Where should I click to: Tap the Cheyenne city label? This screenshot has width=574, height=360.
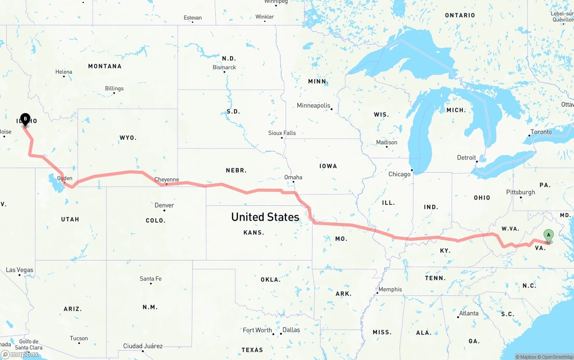tap(167, 180)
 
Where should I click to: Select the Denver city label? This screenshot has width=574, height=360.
tap(164, 205)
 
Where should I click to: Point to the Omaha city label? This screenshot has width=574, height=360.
tap(293, 177)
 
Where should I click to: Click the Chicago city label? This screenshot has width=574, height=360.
tap(400, 174)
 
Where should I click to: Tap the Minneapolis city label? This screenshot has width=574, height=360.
tap(313, 105)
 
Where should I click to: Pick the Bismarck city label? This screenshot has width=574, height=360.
tap(224, 67)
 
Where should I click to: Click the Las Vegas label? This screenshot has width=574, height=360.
tap(19, 270)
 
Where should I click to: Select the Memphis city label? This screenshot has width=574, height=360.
tap(390, 289)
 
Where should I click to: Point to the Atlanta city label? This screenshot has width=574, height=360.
tap(469, 313)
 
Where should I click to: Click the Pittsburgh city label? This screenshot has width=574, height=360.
tap(521, 192)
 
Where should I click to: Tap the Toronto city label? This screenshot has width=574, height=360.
tap(541, 132)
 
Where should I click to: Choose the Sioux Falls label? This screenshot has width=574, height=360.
tap(282, 133)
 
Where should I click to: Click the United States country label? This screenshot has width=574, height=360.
tap(265, 217)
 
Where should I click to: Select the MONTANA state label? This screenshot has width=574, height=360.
tap(104, 66)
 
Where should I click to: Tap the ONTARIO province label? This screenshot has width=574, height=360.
tap(460, 15)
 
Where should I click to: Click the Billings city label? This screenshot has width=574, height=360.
tap(114, 88)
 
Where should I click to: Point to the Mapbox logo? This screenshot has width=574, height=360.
tap(20, 355)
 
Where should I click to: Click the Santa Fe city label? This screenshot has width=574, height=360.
tap(151, 279)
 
